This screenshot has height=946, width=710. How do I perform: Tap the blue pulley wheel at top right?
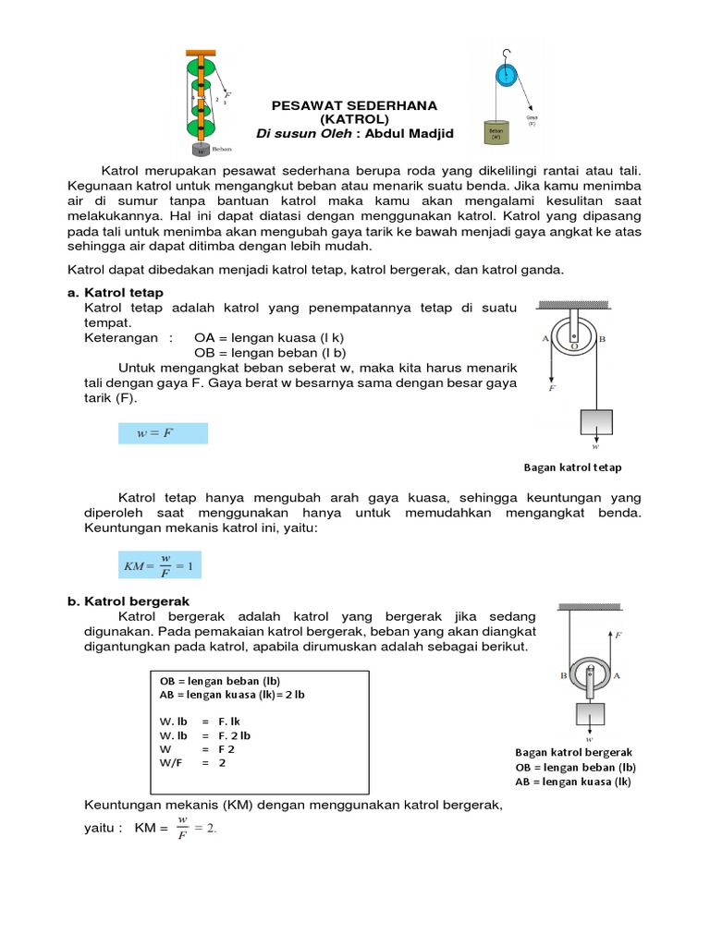pos(505,74)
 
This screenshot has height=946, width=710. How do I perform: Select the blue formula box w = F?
pos(163,433)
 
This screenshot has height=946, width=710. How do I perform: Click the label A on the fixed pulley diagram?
pos(546,339)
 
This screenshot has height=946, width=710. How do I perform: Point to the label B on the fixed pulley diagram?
pos(603,340)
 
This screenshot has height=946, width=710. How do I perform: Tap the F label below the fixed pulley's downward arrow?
pos(552,389)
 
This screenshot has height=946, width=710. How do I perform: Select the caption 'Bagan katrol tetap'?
pos(572,467)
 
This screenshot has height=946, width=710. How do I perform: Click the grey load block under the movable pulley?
pos(590,715)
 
